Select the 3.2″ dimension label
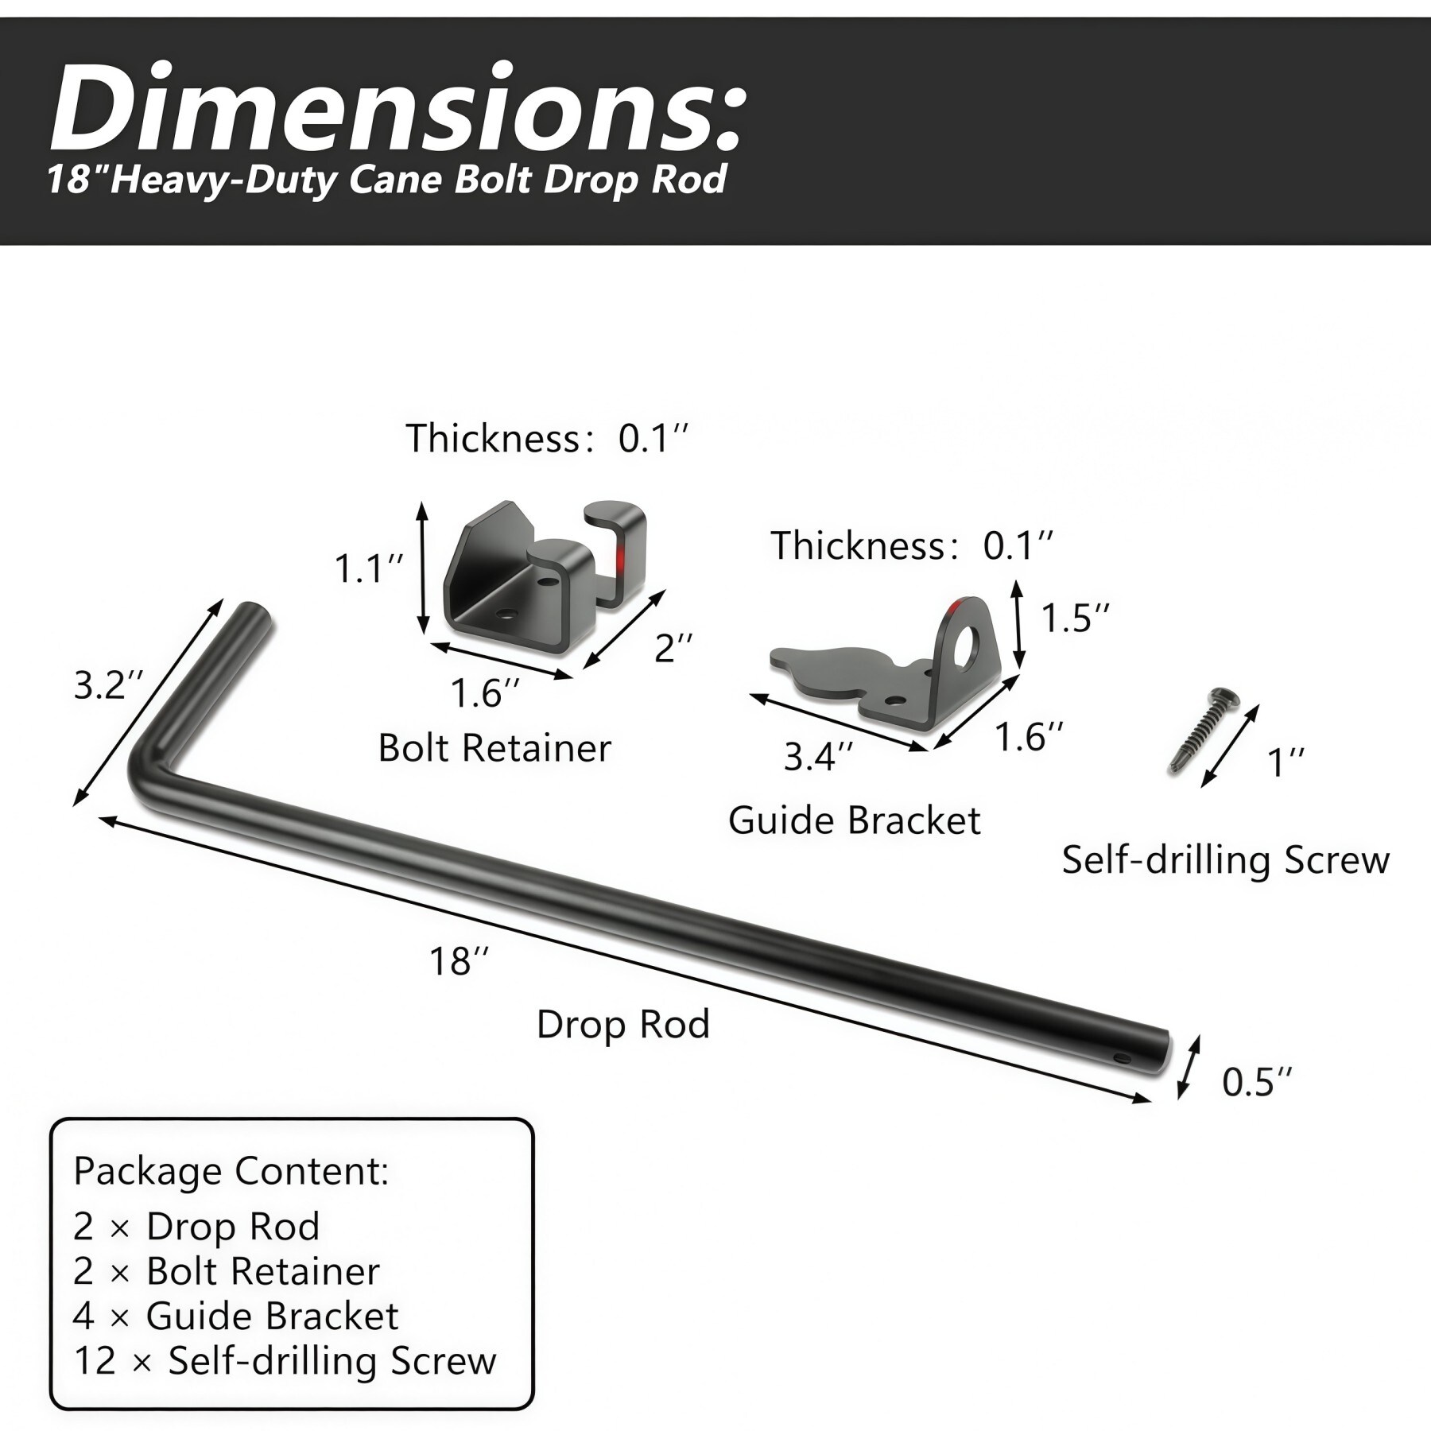(x=109, y=685)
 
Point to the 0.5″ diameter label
(x=1257, y=1083)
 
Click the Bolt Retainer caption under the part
(x=494, y=748)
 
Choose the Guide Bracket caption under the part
(x=855, y=820)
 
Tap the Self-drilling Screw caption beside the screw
(x=1226, y=860)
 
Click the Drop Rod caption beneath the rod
(x=622, y=1025)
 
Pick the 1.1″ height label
(x=368, y=569)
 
